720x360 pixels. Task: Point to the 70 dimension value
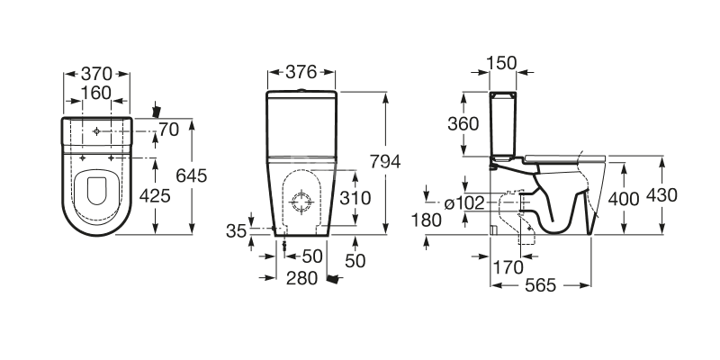168,131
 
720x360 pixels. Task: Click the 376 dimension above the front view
301,74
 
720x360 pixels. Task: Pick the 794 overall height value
385,161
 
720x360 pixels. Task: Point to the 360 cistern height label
463,125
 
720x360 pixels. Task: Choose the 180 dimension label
427,220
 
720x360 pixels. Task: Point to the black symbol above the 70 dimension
158,110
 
